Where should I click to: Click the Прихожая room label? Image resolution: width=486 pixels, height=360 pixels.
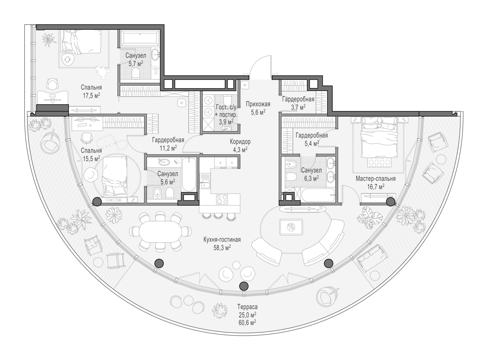point(258,104)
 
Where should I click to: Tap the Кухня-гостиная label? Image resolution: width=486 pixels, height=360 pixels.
point(222,239)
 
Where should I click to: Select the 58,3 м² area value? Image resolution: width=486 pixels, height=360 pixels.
point(222,248)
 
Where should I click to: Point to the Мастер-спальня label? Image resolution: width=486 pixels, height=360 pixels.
point(376,179)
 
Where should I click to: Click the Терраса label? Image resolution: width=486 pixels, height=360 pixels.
point(248,307)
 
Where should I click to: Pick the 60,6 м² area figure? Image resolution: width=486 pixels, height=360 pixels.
point(248,323)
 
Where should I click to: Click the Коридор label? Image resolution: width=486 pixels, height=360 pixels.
point(240,142)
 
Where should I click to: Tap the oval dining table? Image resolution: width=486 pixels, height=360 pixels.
point(160,232)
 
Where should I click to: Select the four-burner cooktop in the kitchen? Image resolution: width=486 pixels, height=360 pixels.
point(222,199)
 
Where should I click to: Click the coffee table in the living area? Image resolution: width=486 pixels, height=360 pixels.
point(291,227)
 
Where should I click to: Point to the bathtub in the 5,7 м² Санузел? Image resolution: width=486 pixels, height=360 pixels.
point(139,38)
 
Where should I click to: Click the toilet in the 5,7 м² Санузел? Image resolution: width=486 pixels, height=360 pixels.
point(136,73)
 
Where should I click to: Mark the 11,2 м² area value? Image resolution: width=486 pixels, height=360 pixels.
point(168,148)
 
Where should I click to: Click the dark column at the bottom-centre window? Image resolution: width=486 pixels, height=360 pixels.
point(244,286)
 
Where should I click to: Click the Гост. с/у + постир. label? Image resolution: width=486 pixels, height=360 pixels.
point(226,115)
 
